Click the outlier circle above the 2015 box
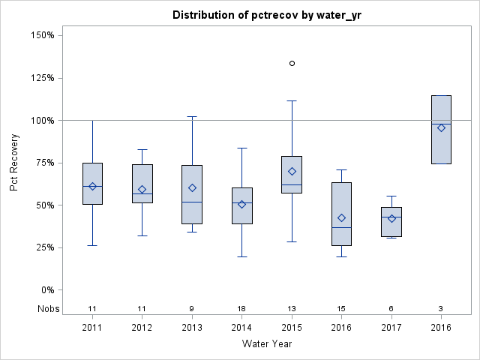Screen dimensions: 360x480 (x=292, y=63)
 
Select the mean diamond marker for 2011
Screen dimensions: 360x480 (x=92, y=186)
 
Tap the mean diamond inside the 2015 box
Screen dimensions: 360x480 (x=292, y=171)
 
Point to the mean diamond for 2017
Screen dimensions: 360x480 (x=391, y=218)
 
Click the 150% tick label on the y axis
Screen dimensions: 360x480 (x=41, y=35)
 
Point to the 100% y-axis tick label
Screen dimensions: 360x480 (x=41, y=120)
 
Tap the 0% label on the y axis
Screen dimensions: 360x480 (x=46, y=289)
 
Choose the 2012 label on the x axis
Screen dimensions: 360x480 (x=142, y=328)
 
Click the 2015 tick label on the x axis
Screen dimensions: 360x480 (x=292, y=328)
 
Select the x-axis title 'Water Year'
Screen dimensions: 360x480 (x=267, y=344)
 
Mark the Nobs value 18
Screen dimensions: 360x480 (x=241, y=308)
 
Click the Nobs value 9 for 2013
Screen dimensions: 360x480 (x=192, y=308)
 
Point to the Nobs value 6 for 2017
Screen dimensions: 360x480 (x=391, y=308)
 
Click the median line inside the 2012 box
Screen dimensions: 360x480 (x=142, y=193)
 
